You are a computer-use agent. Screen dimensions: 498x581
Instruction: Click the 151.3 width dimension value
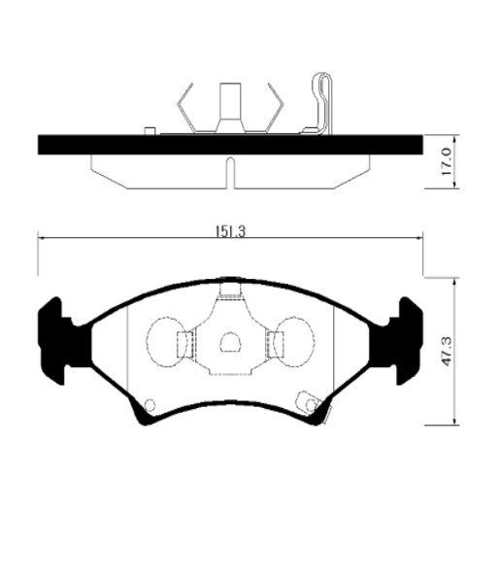[230, 231]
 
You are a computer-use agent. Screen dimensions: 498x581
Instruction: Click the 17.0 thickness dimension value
[447, 161]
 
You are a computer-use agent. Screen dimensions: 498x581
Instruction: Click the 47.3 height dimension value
[447, 352]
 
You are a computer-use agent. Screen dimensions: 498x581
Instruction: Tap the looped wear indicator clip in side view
[322, 104]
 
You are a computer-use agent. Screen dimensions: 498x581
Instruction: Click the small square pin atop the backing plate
[149, 131]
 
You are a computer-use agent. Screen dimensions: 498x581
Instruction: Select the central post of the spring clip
[230, 107]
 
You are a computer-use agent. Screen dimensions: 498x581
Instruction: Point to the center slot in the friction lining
[230, 173]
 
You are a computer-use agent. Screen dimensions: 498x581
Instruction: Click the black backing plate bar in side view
[230, 145]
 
